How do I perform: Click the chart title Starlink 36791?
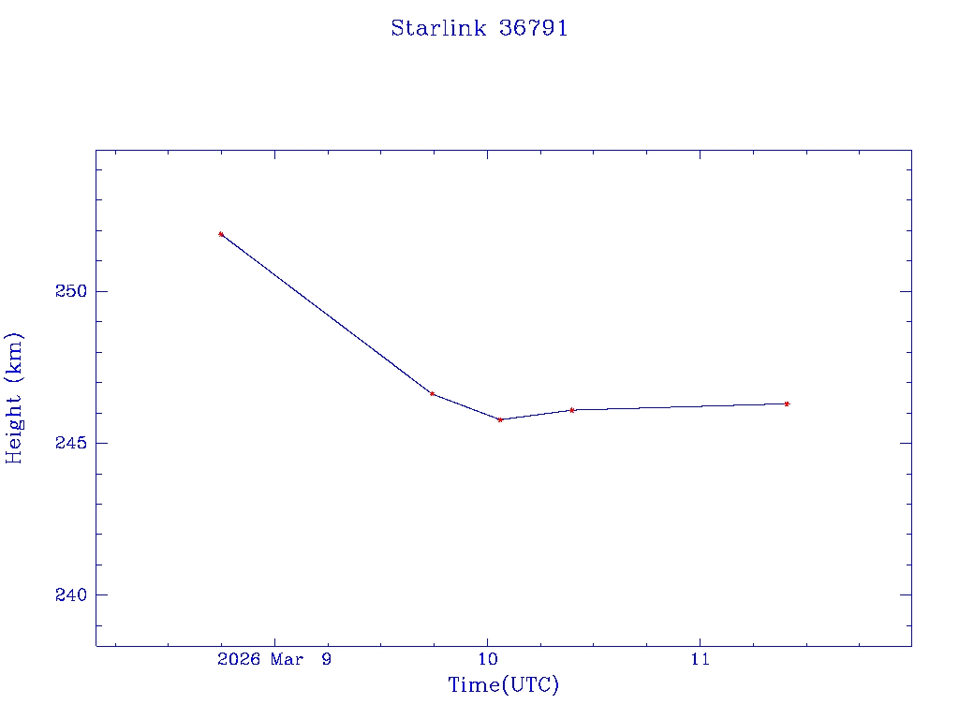[479, 28]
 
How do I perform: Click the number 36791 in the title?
[534, 28]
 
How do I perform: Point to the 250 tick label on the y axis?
[70, 291]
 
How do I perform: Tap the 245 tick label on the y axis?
[70, 443]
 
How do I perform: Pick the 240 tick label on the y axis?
[70, 595]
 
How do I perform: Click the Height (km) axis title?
[15, 397]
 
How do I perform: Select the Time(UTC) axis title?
[503, 685]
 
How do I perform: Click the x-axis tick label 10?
[487, 660]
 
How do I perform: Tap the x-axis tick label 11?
[700, 660]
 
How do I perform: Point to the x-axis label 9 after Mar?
[325, 660]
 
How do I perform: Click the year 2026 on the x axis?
[238, 660]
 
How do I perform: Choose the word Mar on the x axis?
[288, 660]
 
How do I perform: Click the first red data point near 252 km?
[221, 234]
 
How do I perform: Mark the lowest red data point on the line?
[500, 419]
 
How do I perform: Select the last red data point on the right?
[787, 404]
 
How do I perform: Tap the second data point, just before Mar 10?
[432, 393]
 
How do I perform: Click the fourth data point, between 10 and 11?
[571, 410]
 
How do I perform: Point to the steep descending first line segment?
[326, 314]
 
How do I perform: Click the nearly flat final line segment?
[679, 406]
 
